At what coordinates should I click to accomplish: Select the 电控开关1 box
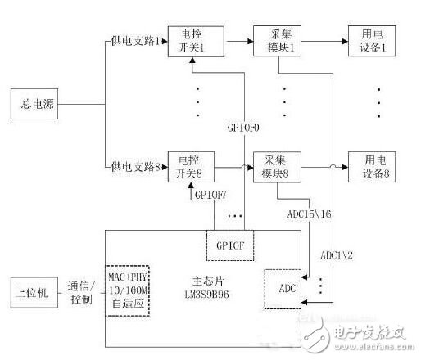point(189,38)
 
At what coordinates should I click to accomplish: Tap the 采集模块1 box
point(278,38)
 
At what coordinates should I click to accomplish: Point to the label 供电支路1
point(137,40)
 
